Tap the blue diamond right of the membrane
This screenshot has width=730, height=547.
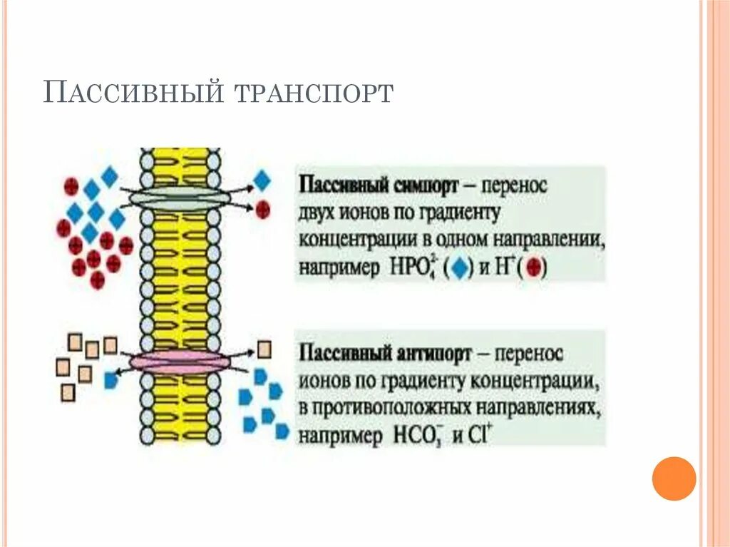coord(262,181)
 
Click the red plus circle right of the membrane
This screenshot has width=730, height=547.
coord(263,209)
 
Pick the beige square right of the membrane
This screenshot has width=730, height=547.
coord(264,349)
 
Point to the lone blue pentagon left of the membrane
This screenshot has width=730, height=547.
coord(110,381)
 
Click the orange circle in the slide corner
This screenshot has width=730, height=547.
coord(673,478)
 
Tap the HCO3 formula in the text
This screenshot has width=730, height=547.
coord(416,436)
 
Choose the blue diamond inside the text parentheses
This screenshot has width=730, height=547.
coord(461,269)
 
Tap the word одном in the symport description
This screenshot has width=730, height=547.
coord(473,241)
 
